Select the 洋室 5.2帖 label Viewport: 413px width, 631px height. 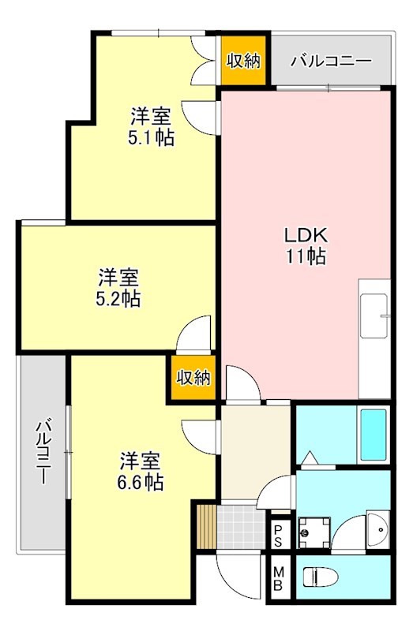119,288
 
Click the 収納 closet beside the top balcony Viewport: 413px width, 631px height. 244,61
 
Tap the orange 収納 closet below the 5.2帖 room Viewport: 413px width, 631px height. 193,378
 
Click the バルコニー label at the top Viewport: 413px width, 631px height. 331,61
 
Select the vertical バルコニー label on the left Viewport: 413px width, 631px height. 43,454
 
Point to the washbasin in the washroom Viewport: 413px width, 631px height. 377,526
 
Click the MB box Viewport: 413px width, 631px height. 279,578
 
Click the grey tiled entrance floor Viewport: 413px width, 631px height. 241,525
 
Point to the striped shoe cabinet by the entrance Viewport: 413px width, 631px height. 205,525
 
